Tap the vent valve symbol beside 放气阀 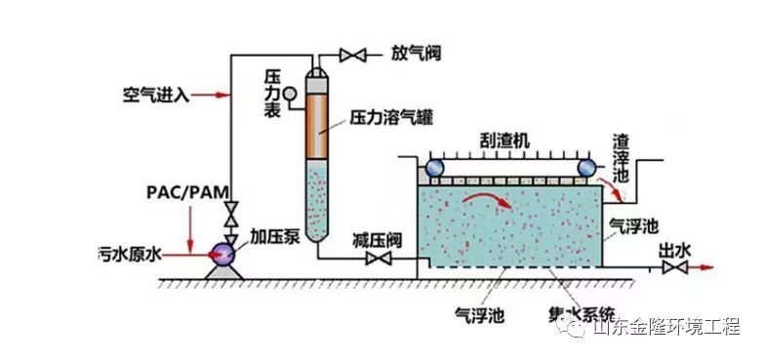[353, 53]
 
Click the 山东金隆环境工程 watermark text [666, 328]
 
